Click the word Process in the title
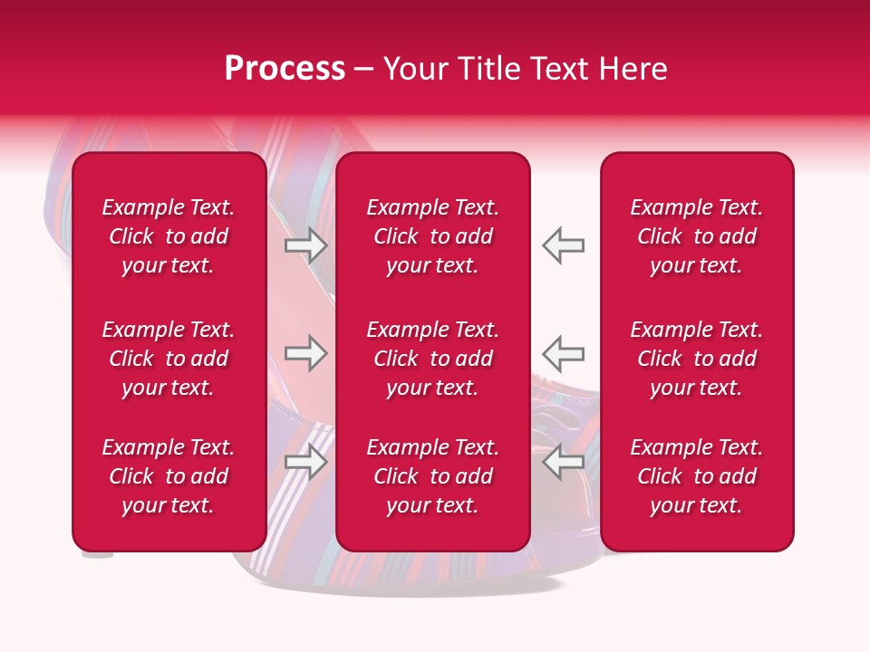[x=285, y=69]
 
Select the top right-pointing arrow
[x=305, y=245]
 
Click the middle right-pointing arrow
[x=305, y=353]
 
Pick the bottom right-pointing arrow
[x=305, y=462]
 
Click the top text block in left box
[x=169, y=236]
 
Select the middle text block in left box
[x=169, y=359]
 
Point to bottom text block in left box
[x=169, y=476]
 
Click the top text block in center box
[x=432, y=236]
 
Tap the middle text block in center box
[x=432, y=359]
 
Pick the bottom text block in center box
[x=432, y=476]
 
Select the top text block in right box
[x=696, y=236]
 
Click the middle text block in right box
[x=696, y=359]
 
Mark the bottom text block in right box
[x=696, y=476]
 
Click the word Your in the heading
[x=412, y=69]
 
